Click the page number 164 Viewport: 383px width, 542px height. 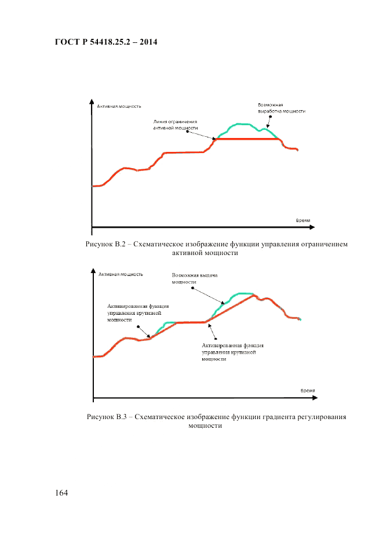click(62, 493)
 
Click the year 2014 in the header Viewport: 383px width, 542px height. click(148, 42)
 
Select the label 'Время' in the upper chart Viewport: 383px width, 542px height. click(302, 221)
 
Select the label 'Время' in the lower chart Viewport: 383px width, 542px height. click(307, 391)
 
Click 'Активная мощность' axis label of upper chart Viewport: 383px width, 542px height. click(119, 106)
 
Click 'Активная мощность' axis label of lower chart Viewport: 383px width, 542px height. click(121, 274)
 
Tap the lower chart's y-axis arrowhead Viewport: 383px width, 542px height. click(93, 271)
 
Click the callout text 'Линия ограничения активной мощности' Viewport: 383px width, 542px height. click(176, 125)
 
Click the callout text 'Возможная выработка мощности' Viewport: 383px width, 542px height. click(282, 108)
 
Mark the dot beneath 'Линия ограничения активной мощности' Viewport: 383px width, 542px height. click(188, 132)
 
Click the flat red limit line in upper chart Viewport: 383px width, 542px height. click(246, 139)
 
